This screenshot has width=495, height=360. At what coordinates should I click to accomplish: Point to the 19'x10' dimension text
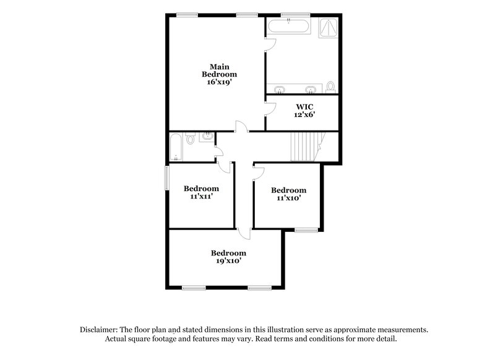click(228, 261)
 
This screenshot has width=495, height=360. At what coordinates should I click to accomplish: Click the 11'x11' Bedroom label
click(201, 189)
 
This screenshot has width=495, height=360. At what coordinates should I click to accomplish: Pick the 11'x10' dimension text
click(288, 199)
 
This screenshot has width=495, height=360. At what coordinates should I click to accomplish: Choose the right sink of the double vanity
click(309, 89)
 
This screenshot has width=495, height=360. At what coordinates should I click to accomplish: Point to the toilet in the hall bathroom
click(190, 140)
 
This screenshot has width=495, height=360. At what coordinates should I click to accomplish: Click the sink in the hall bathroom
click(205, 136)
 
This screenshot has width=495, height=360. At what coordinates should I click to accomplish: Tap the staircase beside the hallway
click(304, 147)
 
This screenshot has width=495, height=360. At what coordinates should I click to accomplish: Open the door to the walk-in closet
click(269, 109)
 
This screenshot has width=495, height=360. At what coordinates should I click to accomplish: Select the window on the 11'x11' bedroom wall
click(166, 178)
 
